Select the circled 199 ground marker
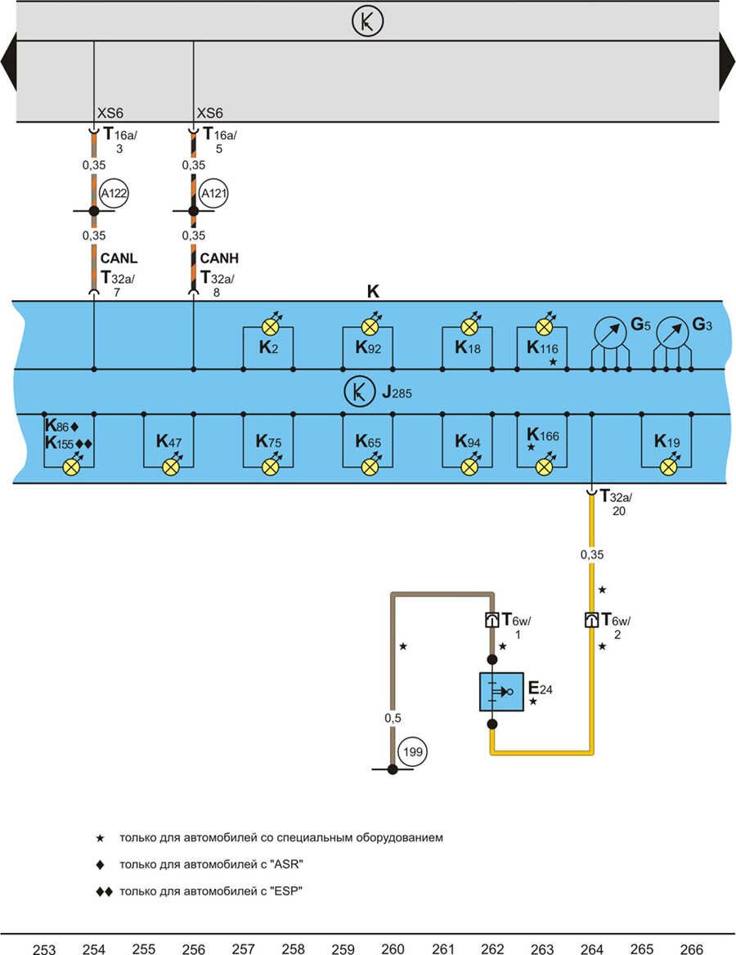pyautogui.click(x=413, y=751)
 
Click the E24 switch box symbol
pyautogui.click(x=500, y=692)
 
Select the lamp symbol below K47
pyautogui.click(x=170, y=467)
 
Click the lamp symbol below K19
pyautogui.click(x=669, y=467)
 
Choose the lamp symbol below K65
pyautogui.click(x=370, y=467)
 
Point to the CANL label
pyautogui.click(x=118, y=259)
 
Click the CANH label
pyautogui.click(x=218, y=259)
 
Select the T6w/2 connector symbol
pyautogui.click(x=591, y=620)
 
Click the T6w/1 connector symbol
pyautogui.click(x=491, y=620)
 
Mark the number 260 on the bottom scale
pyautogui.click(x=393, y=948)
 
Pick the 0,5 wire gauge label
pyautogui.click(x=393, y=717)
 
